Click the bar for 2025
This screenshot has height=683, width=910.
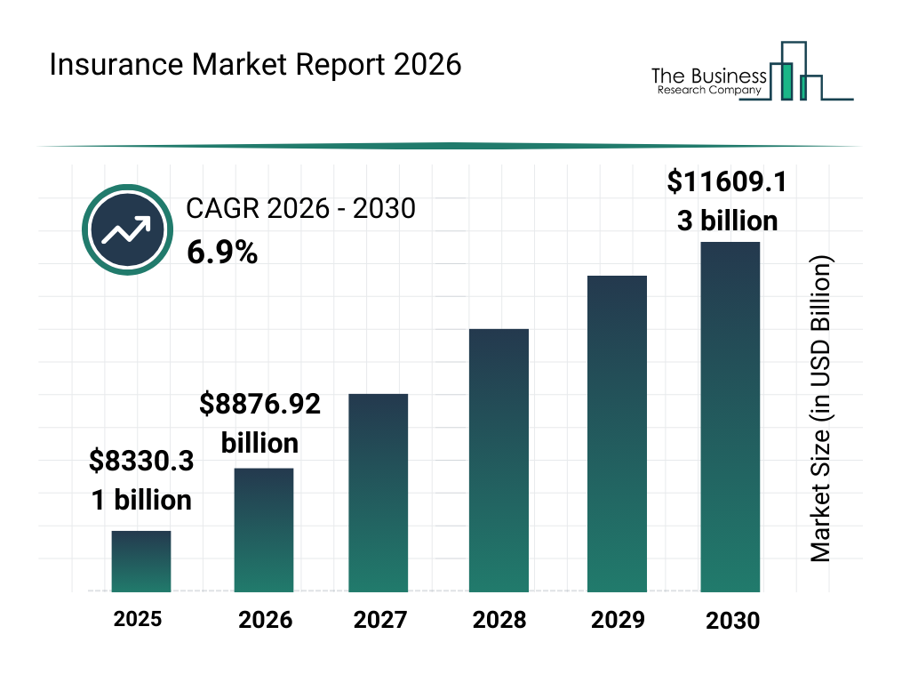tap(140, 561)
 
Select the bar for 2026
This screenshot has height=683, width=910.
tap(264, 529)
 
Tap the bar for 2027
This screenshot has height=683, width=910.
tap(378, 493)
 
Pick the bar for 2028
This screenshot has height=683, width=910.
tap(499, 460)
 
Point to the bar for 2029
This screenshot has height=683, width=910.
tap(617, 433)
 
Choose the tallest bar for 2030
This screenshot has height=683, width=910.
tap(730, 416)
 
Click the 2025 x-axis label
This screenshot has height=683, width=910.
tap(138, 619)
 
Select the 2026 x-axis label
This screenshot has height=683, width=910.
tap(265, 620)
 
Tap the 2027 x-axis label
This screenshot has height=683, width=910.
tap(380, 620)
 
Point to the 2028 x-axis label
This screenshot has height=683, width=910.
tap(499, 620)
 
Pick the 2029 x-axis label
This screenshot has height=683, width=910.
tap(617, 620)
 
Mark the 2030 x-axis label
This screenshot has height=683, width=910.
tap(732, 621)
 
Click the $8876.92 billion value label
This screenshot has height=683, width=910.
tap(259, 423)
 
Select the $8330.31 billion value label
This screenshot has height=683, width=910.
tap(141, 480)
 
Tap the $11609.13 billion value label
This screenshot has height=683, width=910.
tap(727, 201)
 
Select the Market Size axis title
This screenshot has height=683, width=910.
tap(820, 409)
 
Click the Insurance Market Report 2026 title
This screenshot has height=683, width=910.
tap(255, 66)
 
